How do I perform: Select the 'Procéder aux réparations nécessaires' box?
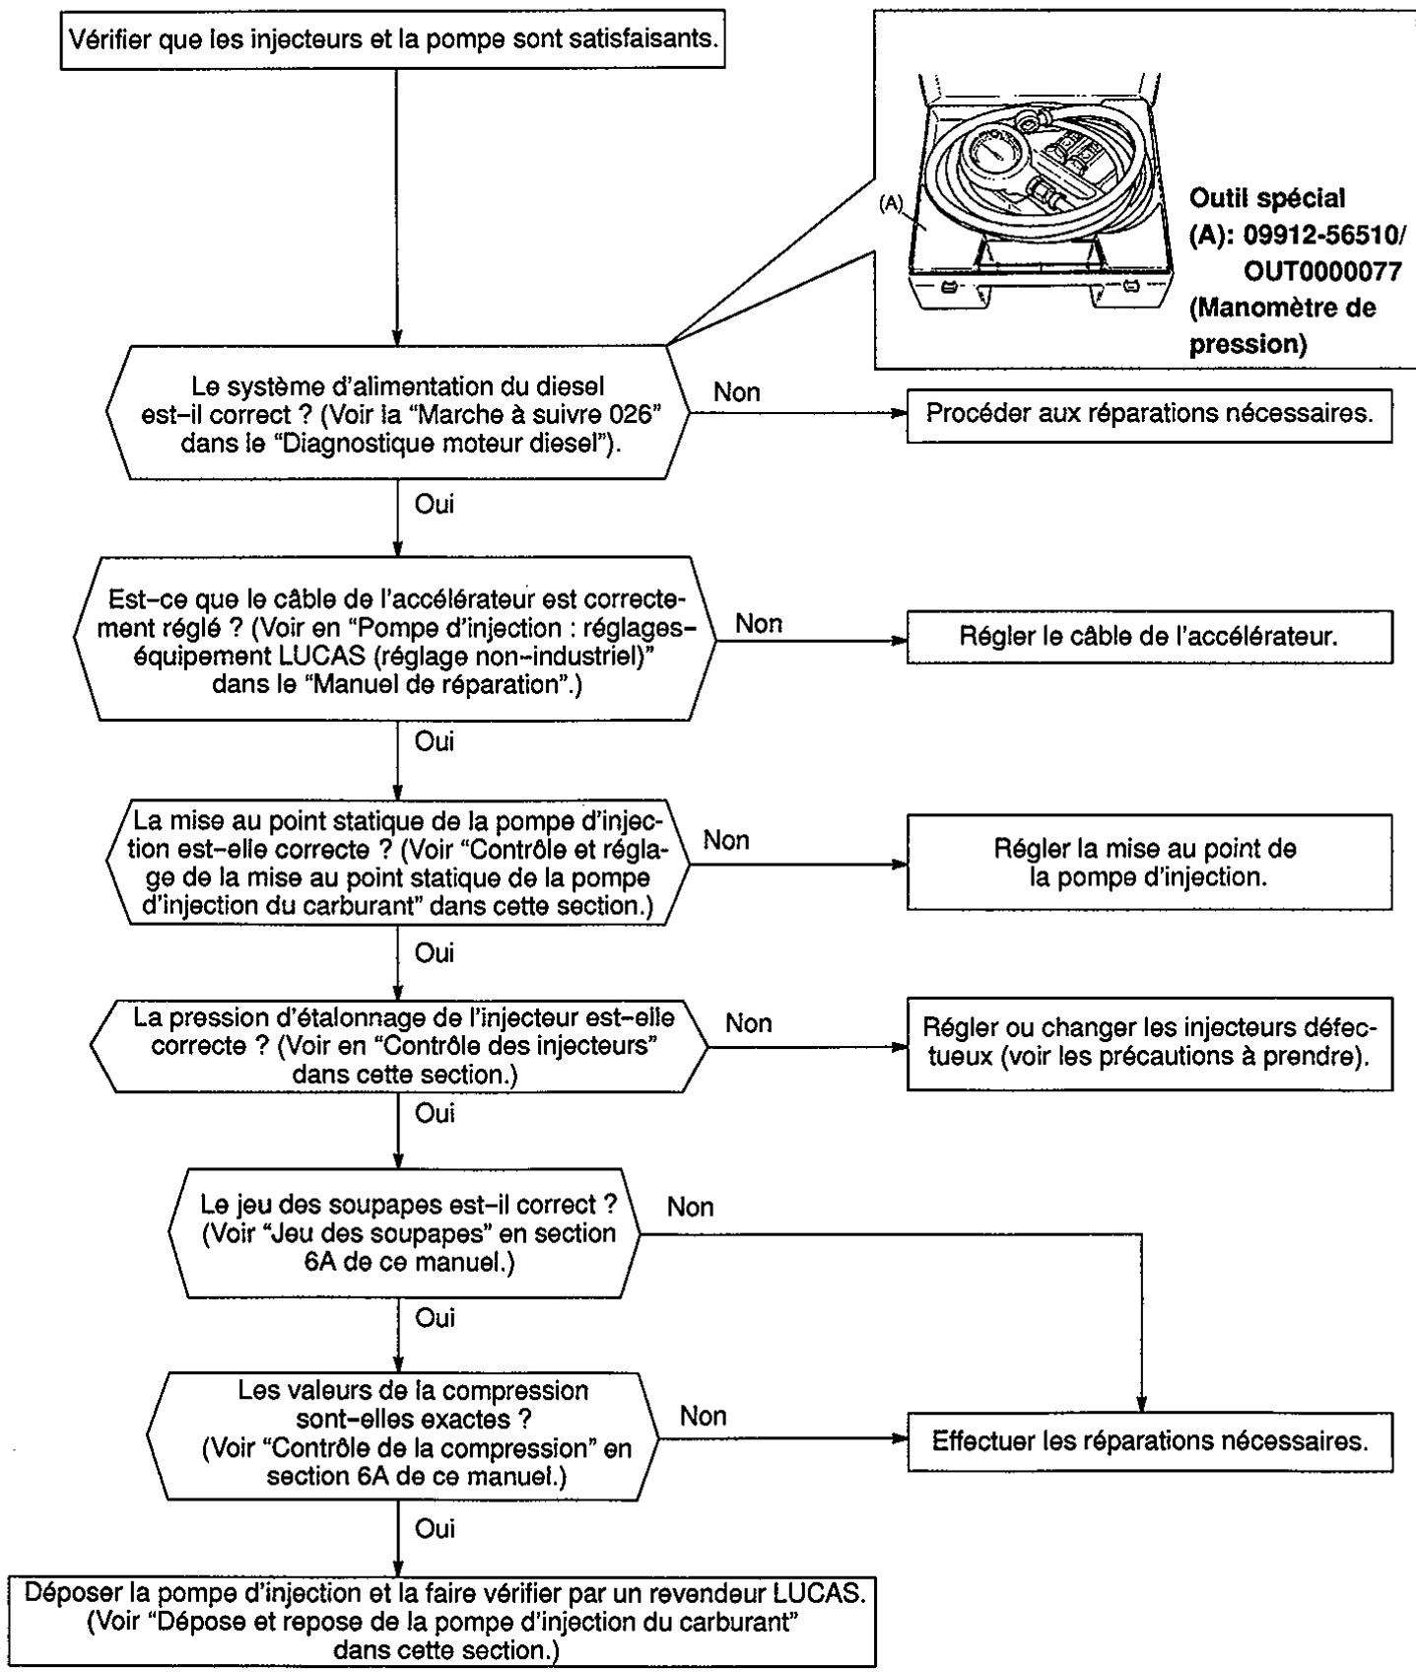[x=1149, y=413]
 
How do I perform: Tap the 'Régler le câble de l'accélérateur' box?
[x=1149, y=636]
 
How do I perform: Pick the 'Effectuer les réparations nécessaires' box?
[x=1149, y=1442]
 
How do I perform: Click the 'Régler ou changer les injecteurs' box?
[x=1149, y=1043]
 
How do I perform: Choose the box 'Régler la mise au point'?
[x=1149, y=862]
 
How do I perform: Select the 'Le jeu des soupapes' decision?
[x=405, y=1233]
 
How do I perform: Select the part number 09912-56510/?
[x=1292, y=235]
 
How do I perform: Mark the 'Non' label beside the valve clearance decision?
[x=690, y=1207]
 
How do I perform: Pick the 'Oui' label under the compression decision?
[x=435, y=1528]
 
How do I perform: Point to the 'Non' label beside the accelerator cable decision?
[x=759, y=623]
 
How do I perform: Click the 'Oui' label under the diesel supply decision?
[x=435, y=505]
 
